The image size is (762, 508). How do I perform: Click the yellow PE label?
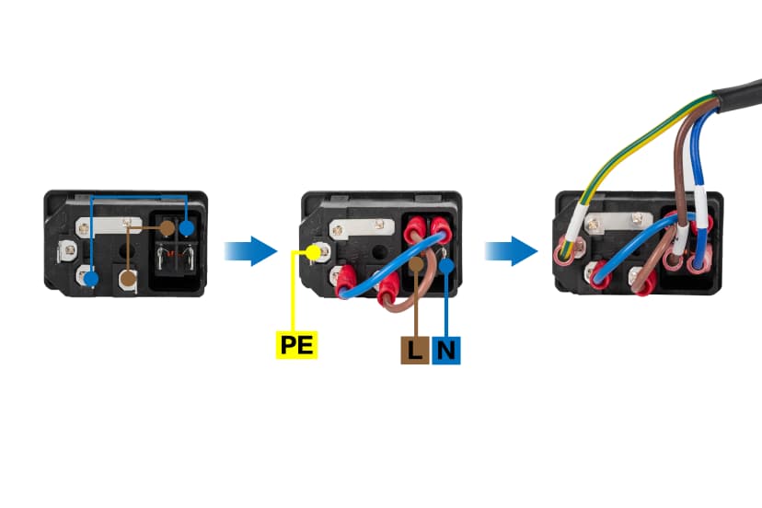pos(298,346)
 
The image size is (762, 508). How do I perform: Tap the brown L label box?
pos(414,350)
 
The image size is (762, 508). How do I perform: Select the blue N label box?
pos(446,350)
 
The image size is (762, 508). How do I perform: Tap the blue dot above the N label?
pos(446,266)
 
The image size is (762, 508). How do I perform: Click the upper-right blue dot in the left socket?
pos(188,228)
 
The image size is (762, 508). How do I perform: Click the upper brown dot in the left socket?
pos(167,227)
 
